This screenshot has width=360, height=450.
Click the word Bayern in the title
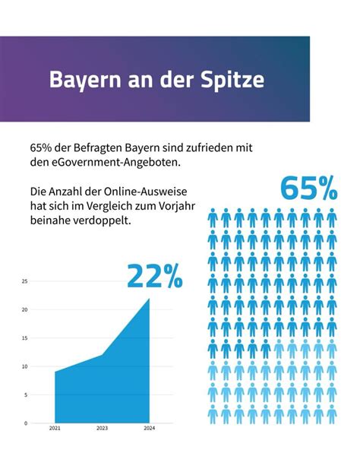pos(84,80)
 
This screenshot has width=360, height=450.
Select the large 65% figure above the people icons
pos(308,189)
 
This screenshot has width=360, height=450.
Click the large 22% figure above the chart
pos(154,276)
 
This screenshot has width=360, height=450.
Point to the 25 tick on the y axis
pos(25,281)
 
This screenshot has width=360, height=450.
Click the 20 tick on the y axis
pos(25,310)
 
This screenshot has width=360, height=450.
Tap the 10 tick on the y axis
pos(25,366)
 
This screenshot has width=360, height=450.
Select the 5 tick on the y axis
pos(26,395)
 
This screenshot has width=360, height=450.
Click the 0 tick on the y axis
pos(26,423)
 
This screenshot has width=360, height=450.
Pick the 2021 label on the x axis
pos(54,429)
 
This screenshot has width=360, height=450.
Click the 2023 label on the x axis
pos(102,429)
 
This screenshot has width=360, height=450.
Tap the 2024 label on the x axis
pos(150,429)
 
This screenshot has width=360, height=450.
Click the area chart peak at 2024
pos(149,299)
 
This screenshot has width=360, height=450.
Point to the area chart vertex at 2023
pos(102,355)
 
